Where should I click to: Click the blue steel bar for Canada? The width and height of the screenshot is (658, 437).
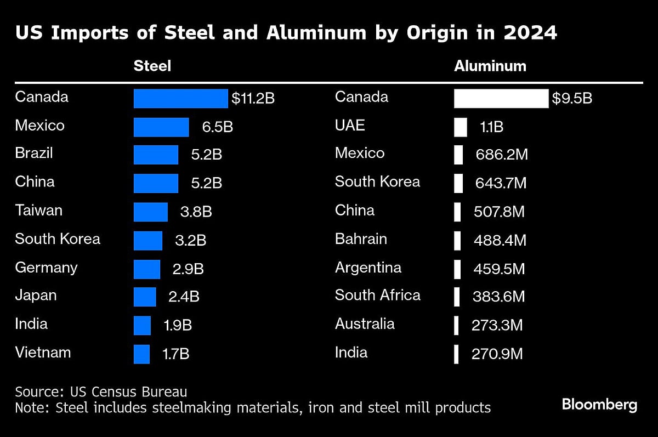tap(180, 99)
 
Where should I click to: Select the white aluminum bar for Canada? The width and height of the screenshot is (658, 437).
tap(501, 99)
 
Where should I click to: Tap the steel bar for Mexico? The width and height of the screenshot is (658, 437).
tap(161, 127)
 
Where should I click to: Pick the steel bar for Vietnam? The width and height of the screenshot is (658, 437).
tap(141, 354)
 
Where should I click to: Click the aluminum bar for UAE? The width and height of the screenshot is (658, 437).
tap(460, 127)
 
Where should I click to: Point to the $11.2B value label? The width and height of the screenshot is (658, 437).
tap(253, 99)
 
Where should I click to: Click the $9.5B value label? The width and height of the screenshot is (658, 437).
tap(572, 99)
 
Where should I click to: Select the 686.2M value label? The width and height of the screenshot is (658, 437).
tap(500, 155)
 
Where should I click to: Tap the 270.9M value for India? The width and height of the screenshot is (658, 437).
tap(497, 354)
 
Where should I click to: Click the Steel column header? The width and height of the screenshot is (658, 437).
tap(152, 66)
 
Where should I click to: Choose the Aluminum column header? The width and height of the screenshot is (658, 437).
tap(490, 66)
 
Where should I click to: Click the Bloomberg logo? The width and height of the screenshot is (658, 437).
tap(599, 405)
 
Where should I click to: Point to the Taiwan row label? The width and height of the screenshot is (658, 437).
tap(38, 211)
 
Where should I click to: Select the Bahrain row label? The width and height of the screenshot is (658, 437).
tap(361, 239)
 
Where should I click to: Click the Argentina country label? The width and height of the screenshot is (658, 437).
tap(368, 268)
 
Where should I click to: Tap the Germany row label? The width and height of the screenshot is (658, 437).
tap(46, 268)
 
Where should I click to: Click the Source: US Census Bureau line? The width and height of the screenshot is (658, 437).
tap(101, 392)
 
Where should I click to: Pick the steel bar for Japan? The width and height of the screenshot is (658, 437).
tap(145, 297)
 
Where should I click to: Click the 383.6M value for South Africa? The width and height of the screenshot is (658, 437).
tap(498, 297)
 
